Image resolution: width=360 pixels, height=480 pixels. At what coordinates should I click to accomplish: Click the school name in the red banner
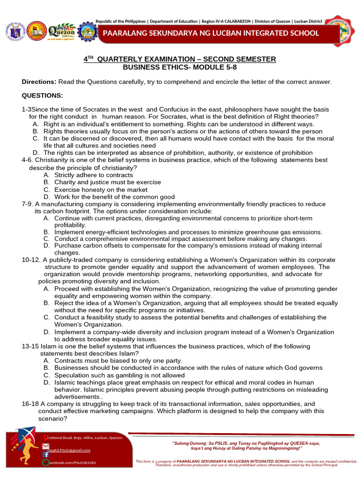coord(211,33)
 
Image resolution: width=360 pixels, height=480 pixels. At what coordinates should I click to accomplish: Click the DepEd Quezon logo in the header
coord(61,31)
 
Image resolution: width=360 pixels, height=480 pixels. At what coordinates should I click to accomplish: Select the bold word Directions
coord(39,82)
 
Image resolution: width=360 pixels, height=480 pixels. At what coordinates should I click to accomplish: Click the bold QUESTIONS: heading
coord(42,96)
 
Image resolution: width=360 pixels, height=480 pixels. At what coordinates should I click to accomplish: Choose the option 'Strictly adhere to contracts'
coord(93,175)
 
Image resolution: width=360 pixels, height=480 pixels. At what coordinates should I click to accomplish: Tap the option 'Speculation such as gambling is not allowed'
coord(120,375)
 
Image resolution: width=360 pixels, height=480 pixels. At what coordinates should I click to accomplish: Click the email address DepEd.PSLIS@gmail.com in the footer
coord(69,450)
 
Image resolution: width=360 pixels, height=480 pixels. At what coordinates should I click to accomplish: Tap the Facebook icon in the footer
coord(45,454)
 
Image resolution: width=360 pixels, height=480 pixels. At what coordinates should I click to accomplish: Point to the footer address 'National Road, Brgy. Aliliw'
coord(84,437)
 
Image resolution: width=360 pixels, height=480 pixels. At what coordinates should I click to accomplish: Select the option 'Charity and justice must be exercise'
coord(107,182)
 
